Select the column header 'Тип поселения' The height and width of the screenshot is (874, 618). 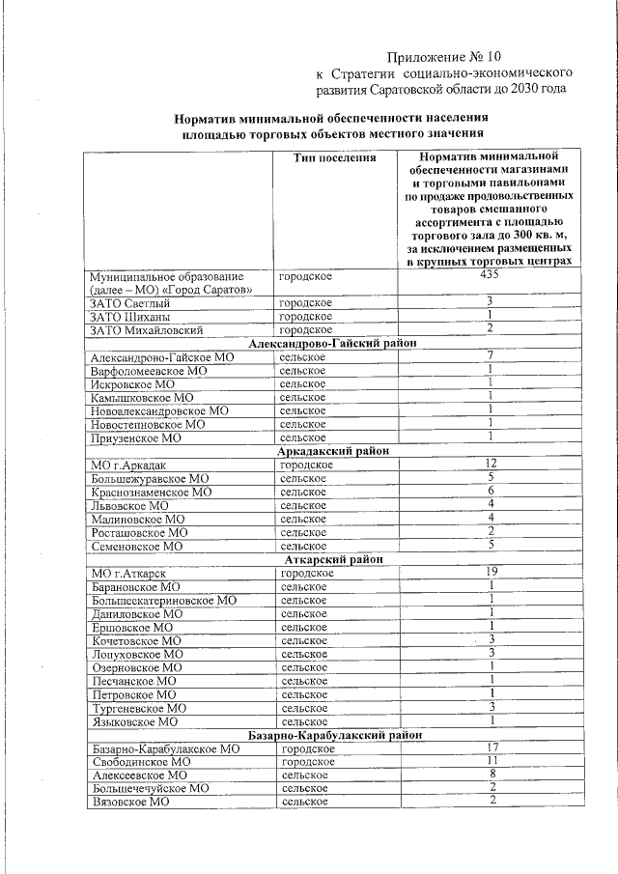pos(334,157)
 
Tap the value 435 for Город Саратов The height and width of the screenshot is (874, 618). pos(491,275)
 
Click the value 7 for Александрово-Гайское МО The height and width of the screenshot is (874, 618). pos(491,357)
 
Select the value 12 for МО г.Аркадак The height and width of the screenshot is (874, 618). pos(491,465)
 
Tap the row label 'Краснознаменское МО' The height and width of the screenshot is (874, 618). pos(151,492)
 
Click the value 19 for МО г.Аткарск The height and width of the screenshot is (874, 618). pos(491,573)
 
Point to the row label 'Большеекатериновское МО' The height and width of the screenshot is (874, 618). pos(163,600)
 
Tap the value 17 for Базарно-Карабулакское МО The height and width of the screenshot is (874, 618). pos(491,748)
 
